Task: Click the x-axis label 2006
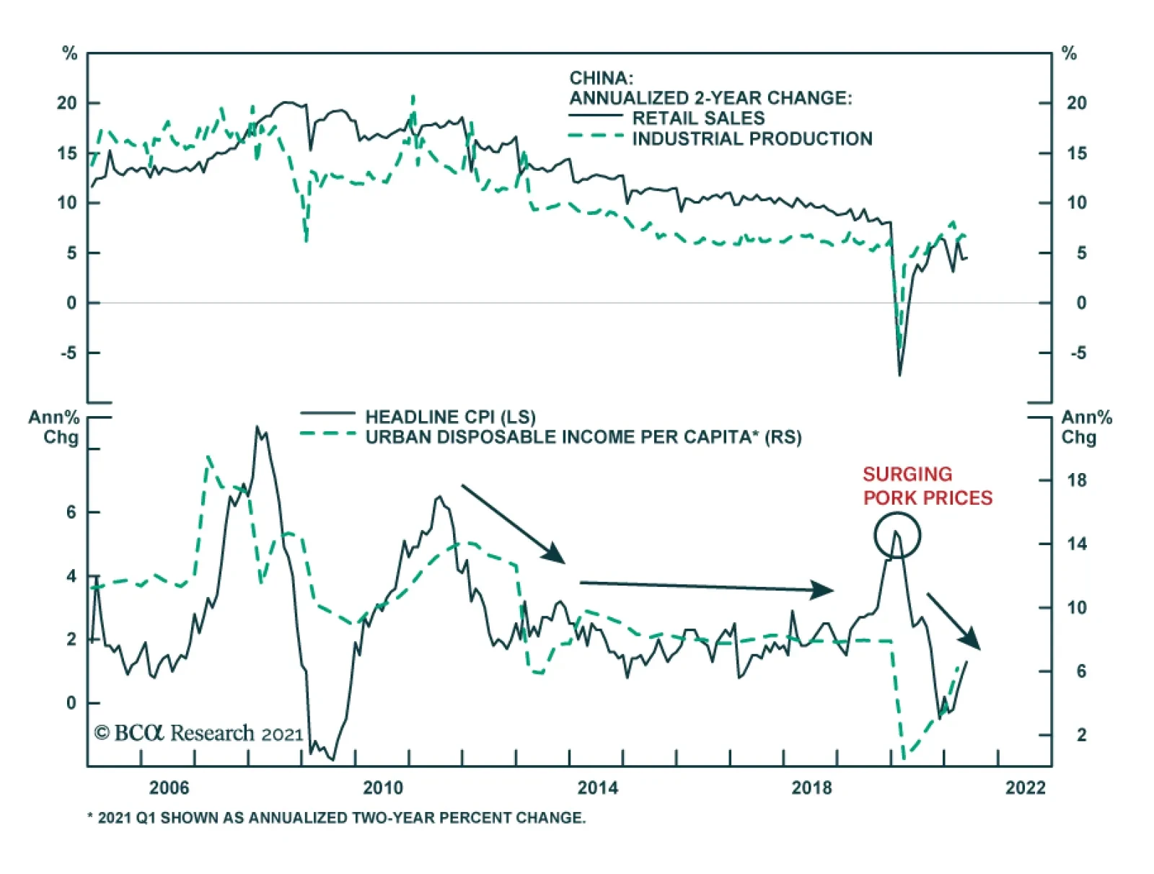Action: coord(169,787)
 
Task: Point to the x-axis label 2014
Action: coord(597,787)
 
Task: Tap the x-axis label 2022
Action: coord(1025,787)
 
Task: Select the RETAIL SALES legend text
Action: coord(698,118)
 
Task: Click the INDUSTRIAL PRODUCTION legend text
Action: coord(752,138)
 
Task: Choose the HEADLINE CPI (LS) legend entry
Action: coord(450,417)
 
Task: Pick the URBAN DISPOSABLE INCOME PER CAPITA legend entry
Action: coord(583,437)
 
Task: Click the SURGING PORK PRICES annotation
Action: coord(927,486)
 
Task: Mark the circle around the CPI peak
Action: coord(897,535)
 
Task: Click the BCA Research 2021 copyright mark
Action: coord(198,733)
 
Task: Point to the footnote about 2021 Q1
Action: coord(336,818)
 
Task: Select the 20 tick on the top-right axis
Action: coord(1076,103)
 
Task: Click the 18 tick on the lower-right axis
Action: coord(1076,480)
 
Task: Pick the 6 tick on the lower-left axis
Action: coord(71,512)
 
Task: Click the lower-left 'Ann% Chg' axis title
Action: coord(55,427)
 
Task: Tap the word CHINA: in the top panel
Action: coord(601,78)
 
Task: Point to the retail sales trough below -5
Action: coord(899,373)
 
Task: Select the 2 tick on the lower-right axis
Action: coord(1080,735)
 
